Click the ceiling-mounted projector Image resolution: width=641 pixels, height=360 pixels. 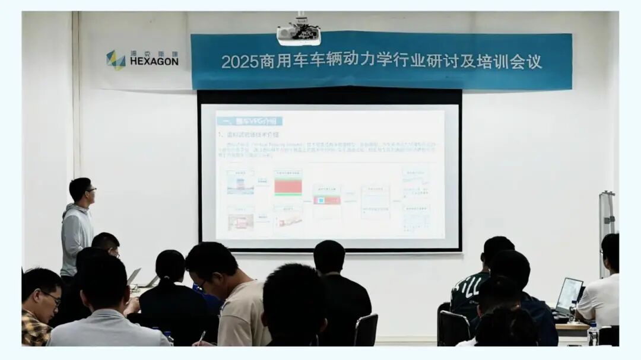(x=299, y=34)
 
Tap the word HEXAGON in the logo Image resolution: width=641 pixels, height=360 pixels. (x=154, y=61)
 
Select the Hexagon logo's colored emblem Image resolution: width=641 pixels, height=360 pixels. (x=115, y=60)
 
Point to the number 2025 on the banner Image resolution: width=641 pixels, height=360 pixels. (x=239, y=62)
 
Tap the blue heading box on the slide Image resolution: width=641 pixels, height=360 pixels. (x=249, y=121)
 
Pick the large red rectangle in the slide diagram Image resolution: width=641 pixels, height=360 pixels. (x=288, y=187)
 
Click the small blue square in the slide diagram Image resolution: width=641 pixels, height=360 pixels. (x=321, y=200)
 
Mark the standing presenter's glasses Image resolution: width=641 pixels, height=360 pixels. (x=90, y=190)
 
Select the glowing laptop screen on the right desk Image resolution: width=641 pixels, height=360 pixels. (x=570, y=293)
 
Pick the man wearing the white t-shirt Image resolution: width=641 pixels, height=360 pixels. (x=599, y=297)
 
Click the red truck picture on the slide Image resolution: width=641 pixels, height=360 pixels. (x=240, y=222)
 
